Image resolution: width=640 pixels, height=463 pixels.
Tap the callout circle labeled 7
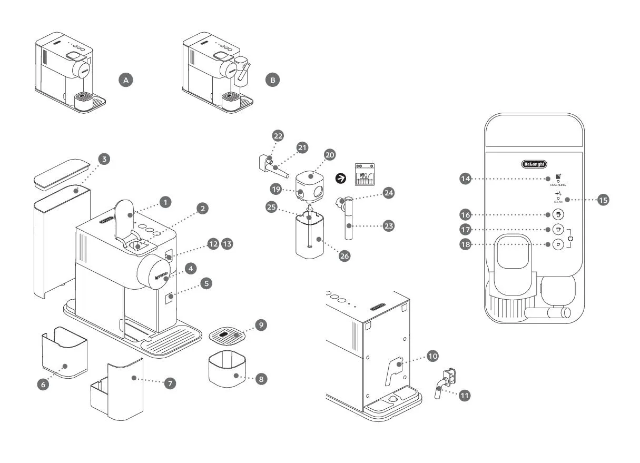[170, 383]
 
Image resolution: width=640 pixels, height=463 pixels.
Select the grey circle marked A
[125, 80]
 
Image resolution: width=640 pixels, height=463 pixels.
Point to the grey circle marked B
[272, 80]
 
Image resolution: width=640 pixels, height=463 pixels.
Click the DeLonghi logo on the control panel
[534, 164]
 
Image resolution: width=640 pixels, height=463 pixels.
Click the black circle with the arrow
[341, 179]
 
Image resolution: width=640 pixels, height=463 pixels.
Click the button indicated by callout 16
[558, 215]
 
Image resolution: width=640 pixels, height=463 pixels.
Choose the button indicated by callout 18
[558, 244]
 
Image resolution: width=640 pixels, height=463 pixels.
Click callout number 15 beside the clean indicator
[604, 200]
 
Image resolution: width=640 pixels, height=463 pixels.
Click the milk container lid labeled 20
[310, 182]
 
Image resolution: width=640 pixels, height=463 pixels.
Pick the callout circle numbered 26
[344, 255]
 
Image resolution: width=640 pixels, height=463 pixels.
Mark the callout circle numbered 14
[465, 179]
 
